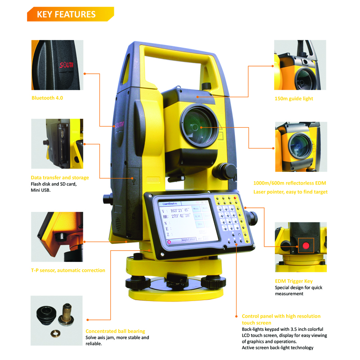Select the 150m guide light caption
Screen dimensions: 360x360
[x=293, y=98]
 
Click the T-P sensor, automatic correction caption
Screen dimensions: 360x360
[x=68, y=270]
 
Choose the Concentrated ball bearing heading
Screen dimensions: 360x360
[x=115, y=331]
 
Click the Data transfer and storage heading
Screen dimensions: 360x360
[x=60, y=178]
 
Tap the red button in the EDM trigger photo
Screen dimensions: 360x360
[x=306, y=246]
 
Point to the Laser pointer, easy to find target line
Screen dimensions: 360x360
[x=291, y=192]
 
